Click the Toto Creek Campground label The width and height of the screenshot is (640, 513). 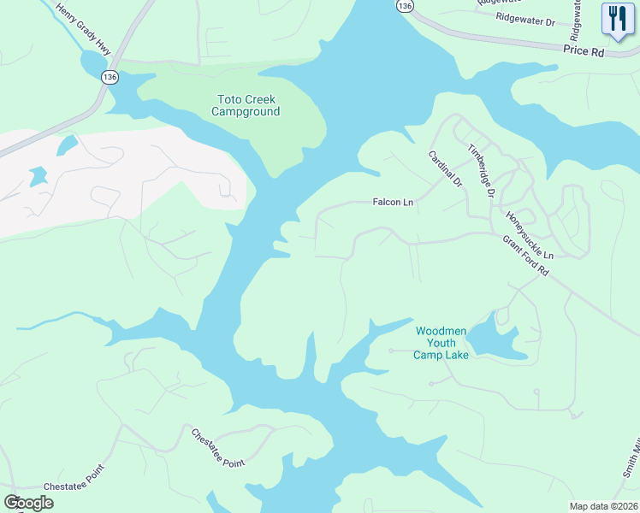(246, 104)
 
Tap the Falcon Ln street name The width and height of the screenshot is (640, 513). (393, 203)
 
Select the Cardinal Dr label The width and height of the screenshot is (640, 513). (445, 169)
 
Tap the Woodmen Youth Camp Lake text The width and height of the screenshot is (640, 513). (441, 343)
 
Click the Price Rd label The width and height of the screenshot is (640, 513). (584, 51)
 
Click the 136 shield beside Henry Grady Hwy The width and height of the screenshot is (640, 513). (109, 77)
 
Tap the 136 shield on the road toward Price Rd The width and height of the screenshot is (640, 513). (405, 6)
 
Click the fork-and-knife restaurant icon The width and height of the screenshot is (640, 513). (615, 19)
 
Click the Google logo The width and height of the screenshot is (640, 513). (28, 503)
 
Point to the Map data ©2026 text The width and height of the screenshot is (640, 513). (603, 506)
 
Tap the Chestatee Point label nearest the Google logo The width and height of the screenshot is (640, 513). (73, 478)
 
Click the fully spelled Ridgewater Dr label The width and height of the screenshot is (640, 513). (525, 17)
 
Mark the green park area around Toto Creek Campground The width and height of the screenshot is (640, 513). (291, 137)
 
